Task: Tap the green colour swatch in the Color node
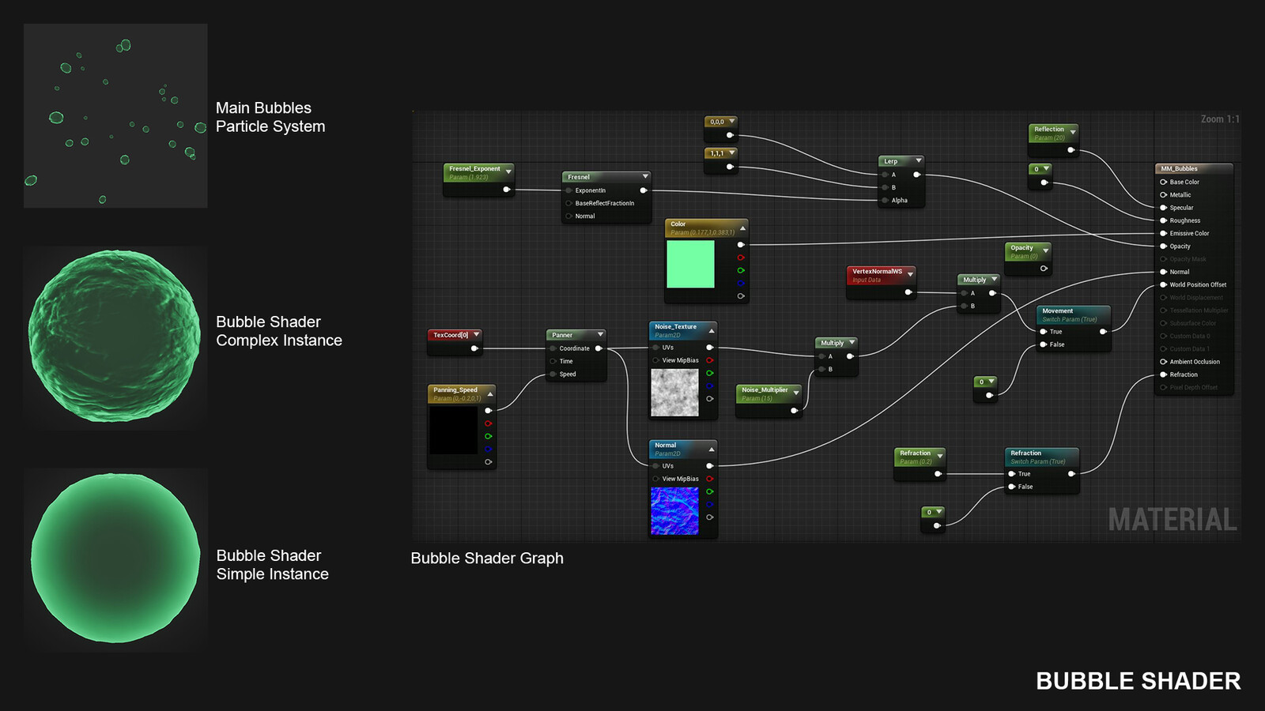point(690,264)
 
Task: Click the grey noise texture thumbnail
point(674,393)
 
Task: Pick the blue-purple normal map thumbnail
point(674,510)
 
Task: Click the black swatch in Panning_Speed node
point(453,430)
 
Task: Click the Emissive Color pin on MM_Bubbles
point(1163,234)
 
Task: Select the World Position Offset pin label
point(1198,285)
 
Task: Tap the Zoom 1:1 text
point(1219,119)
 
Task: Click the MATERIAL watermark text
point(1172,520)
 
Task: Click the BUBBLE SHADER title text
point(1138,681)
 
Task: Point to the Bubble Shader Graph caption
point(487,559)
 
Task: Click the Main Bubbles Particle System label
point(270,117)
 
